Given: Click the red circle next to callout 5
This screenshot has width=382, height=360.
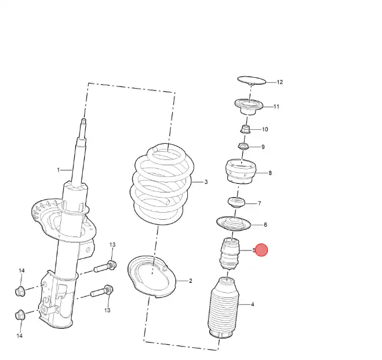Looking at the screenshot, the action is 261,250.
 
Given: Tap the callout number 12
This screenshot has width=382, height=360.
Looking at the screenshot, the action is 279,82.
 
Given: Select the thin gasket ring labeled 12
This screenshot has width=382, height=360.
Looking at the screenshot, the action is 252,80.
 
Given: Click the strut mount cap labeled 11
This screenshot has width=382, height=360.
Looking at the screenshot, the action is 249,107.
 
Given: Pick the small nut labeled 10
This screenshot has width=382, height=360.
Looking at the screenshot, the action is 246,129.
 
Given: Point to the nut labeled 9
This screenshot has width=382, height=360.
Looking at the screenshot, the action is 243,147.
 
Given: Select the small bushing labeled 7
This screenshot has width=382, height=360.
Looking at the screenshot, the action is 237,202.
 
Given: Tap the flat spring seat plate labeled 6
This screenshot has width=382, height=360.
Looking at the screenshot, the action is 234,224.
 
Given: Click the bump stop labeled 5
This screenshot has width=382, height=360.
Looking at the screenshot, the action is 230,253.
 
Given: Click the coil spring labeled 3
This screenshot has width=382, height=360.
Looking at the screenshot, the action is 162,184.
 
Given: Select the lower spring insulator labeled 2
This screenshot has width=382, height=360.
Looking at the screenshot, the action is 151,277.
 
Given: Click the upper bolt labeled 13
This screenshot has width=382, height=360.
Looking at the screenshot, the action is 105,267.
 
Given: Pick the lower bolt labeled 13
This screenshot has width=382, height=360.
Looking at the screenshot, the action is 102,291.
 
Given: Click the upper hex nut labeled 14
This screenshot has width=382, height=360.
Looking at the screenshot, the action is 20,291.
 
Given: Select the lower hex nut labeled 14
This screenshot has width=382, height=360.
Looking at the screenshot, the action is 20,315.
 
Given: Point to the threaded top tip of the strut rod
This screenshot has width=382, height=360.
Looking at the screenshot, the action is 83,121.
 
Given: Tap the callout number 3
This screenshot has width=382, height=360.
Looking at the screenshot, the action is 206,182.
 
